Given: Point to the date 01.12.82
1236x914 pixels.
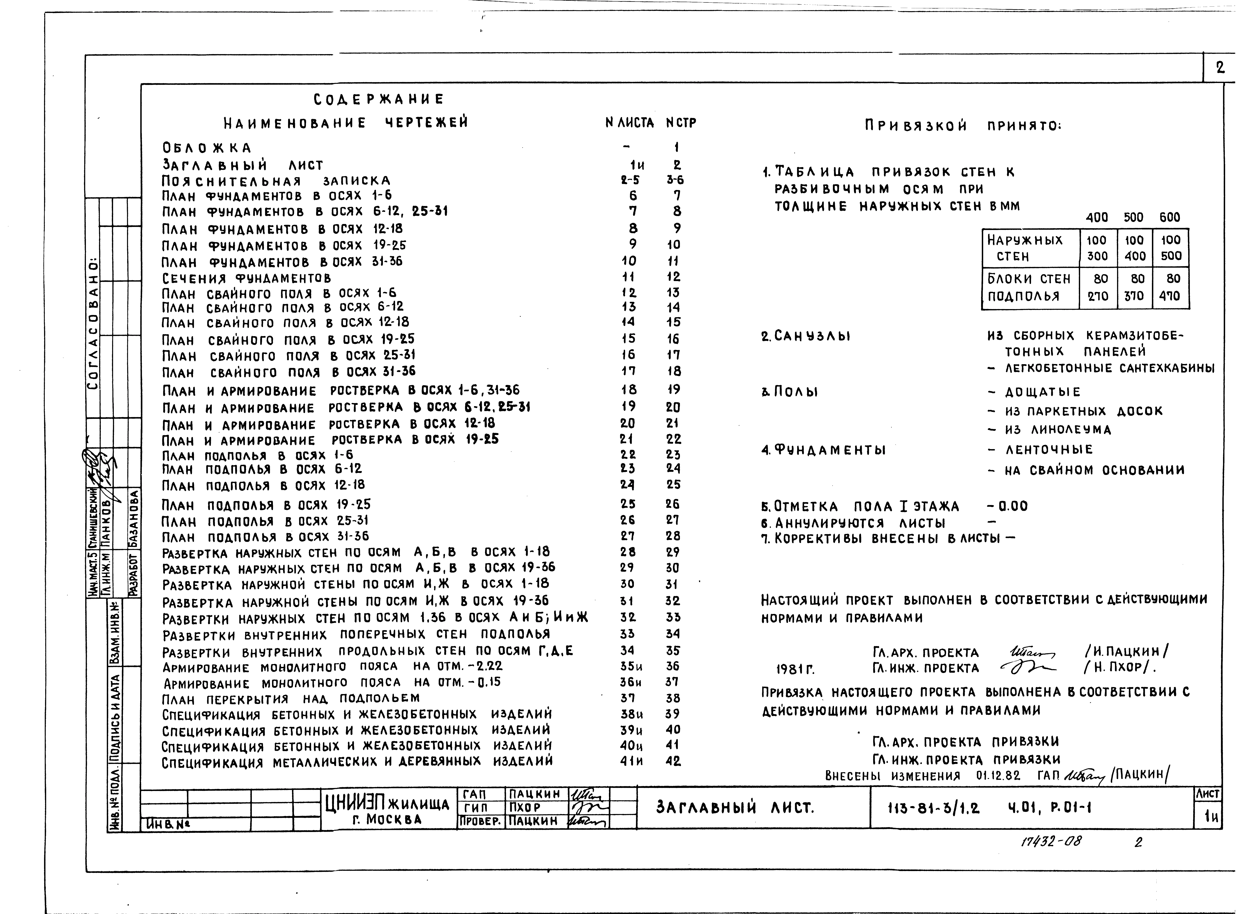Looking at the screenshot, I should click(998, 776).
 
